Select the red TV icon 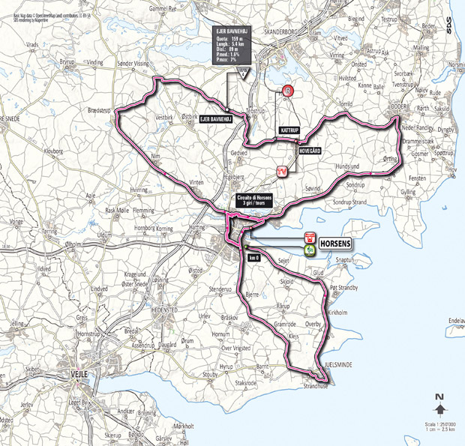tap(282, 172)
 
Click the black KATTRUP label tap(289, 130)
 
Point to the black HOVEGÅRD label tap(310, 151)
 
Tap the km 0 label tap(253, 257)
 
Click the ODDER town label tap(398, 106)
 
